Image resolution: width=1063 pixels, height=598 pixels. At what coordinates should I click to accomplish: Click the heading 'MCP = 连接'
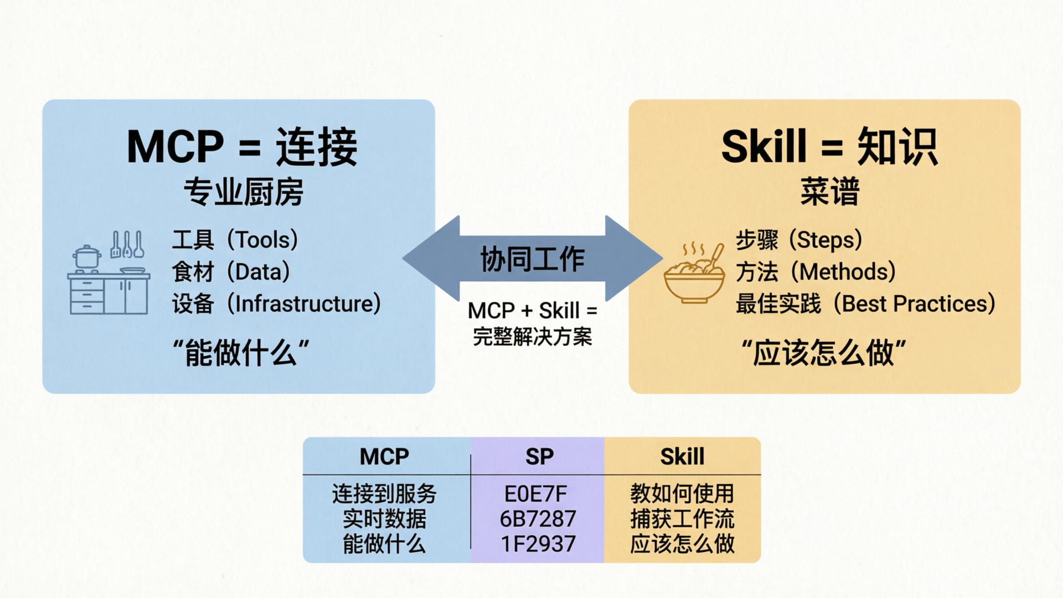click(x=242, y=147)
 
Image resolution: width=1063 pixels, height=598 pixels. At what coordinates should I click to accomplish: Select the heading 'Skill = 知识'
click(x=829, y=147)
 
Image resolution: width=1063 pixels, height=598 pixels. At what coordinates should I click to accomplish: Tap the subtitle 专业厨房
click(x=243, y=192)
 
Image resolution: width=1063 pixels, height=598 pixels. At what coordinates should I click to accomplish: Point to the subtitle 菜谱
click(x=829, y=192)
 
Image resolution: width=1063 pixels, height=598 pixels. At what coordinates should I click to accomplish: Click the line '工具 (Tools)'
click(x=235, y=240)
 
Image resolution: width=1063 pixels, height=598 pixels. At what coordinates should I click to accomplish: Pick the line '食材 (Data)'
click(x=231, y=272)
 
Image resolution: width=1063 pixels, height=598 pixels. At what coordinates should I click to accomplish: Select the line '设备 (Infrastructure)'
click(x=276, y=303)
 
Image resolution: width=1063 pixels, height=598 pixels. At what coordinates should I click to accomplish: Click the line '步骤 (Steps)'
click(x=799, y=240)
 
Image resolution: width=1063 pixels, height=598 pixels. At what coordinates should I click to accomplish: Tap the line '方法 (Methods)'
click(x=816, y=272)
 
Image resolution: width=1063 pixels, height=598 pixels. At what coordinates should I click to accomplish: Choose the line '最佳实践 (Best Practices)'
click(x=865, y=303)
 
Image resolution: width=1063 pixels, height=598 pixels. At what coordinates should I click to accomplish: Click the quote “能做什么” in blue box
click(x=241, y=353)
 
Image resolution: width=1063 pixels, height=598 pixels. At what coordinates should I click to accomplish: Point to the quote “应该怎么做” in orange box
click(x=823, y=353)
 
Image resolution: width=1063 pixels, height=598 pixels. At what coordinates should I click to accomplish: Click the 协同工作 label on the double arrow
click(x=532, y=259)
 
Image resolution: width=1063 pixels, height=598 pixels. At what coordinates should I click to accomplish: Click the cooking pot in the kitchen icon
click(x=87, y=257)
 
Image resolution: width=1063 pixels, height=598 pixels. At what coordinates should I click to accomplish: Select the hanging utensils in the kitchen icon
click(x=127, y=244)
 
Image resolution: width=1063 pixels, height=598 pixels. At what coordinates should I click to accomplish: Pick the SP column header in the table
click(x=539, y=457)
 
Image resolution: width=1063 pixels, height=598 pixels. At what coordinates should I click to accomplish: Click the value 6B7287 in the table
click(x=538, y=519)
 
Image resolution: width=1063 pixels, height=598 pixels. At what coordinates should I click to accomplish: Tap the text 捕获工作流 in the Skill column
click(x=682, y=519)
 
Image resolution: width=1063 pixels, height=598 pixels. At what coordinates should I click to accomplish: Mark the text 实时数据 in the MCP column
click(x=384, y=519)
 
